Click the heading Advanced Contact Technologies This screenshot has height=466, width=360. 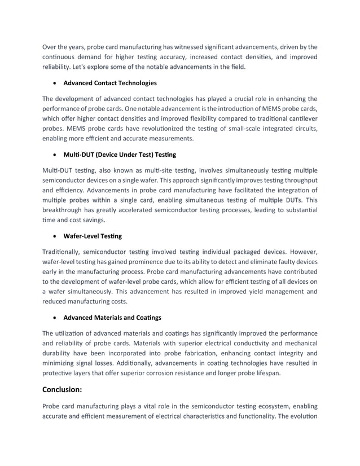tap(110, 83)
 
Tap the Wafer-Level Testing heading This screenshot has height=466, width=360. tap(92, 236)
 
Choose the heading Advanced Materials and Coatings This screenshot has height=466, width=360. tap(112, 317)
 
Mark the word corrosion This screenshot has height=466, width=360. tap(182, 373)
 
